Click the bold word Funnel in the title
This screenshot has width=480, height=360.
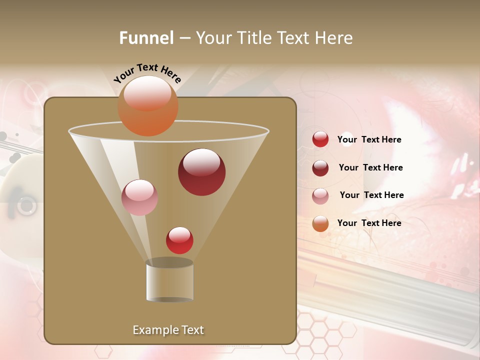point(146,38)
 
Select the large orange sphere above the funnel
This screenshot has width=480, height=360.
point(148,106)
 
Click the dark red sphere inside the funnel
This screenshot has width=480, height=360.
point(202,172)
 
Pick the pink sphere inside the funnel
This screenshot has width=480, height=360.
point(139,197)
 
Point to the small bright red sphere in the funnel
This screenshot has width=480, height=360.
point(179,240)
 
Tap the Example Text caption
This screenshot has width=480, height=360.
point(168,330)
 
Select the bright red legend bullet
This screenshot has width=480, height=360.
point(320,139)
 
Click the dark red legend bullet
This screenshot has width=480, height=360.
point(320,168)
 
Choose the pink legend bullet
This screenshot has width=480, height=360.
point(320,196)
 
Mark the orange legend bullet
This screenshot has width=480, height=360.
point(320,223)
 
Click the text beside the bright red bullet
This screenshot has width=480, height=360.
point(369,140)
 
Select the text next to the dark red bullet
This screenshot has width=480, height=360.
point(370,168)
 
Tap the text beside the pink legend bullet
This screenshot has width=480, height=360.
point(371,195)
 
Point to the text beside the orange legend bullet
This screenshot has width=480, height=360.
point(369,223)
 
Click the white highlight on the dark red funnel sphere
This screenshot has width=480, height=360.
point(202,162)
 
